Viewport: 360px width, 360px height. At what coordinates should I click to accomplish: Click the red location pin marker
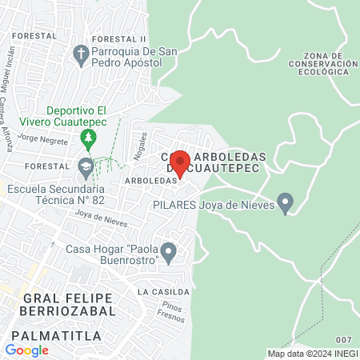tap(179, 163)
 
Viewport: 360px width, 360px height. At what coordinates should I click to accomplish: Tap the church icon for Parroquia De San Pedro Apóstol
tap(80, 54)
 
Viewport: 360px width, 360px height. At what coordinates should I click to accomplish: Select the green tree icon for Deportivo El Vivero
tap(87, 141)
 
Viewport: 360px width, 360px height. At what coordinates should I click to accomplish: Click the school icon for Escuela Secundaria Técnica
tap(85, 169)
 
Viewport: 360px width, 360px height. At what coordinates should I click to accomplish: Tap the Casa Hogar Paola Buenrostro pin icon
tap(168, 253)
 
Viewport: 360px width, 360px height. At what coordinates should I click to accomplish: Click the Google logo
tap(26, 350)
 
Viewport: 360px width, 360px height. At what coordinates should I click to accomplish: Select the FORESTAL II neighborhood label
tap(118, 38)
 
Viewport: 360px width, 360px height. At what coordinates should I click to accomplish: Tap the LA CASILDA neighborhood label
tap(162, 290)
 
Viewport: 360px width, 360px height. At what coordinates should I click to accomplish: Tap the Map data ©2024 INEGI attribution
tap(312, 354)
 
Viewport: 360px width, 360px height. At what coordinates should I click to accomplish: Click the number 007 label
tap(344, 341)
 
